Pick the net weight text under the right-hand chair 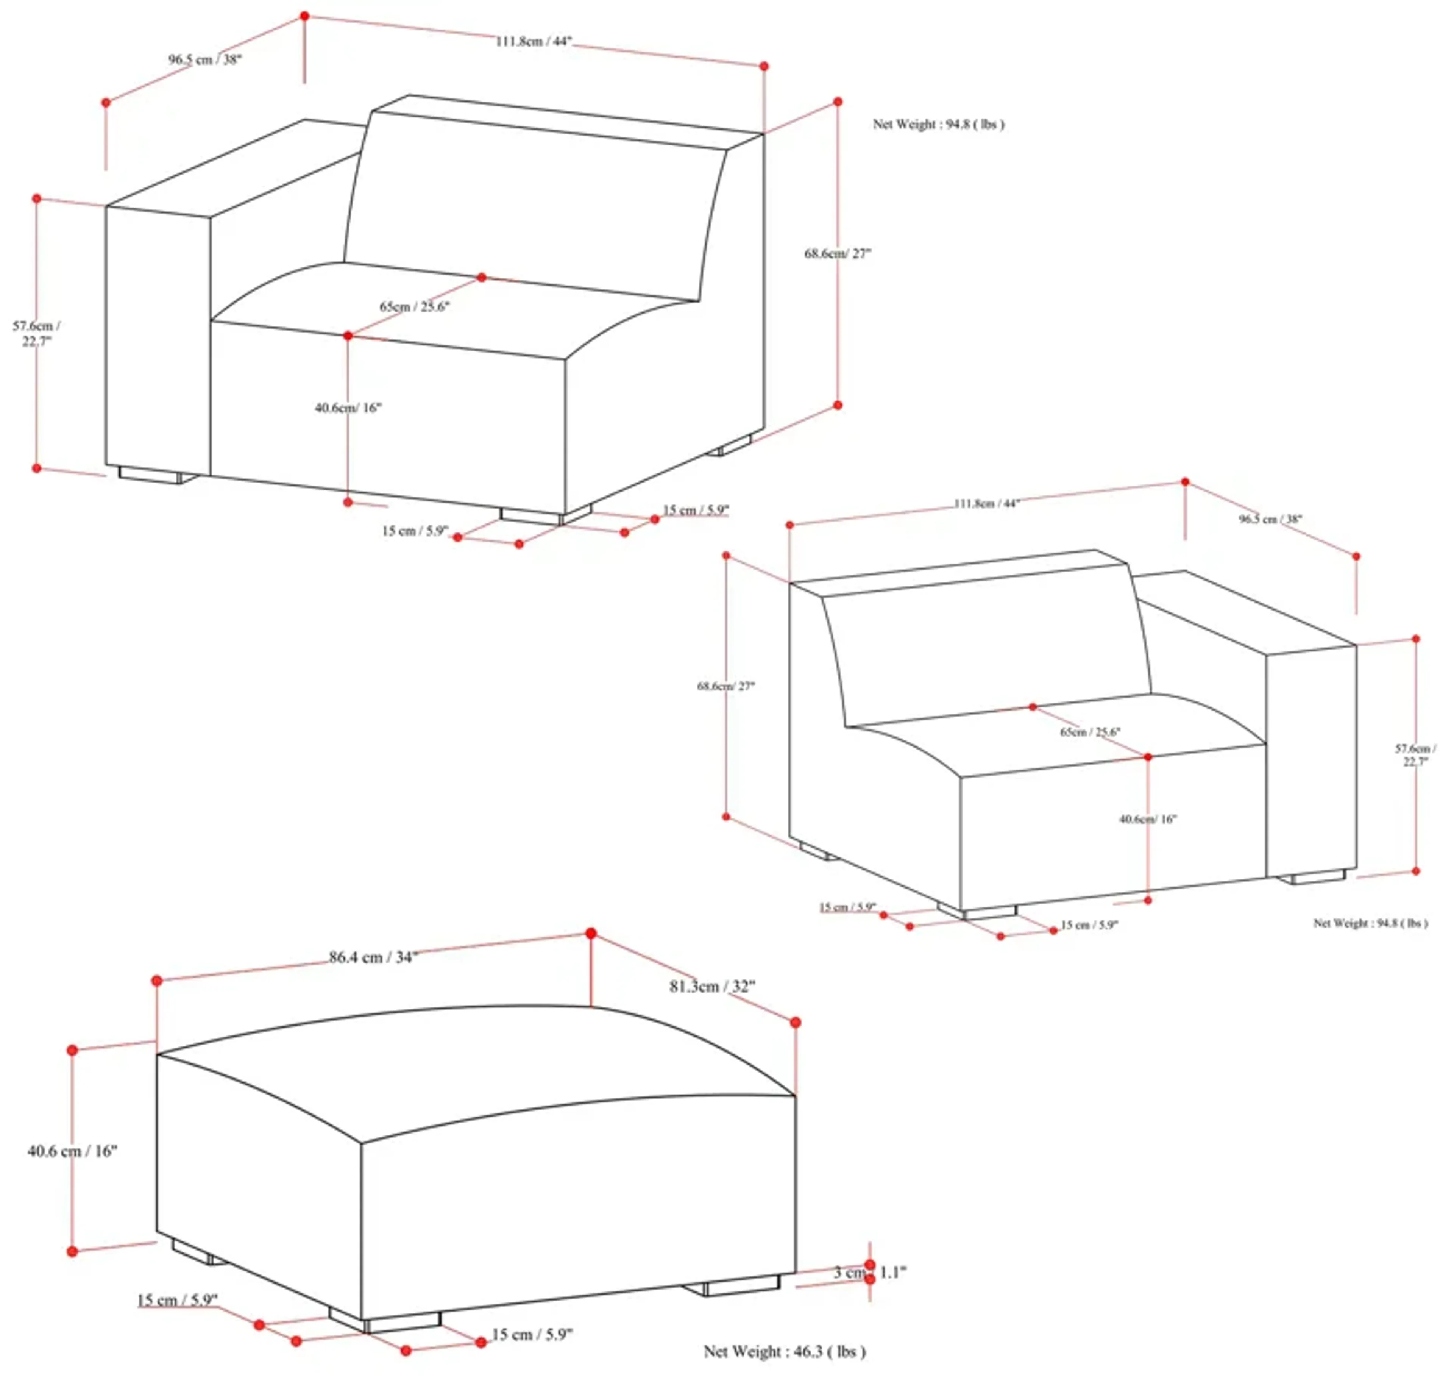point(1370,923)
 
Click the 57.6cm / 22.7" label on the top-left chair point(37,333)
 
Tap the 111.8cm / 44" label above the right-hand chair point(986,504)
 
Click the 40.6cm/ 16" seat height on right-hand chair point(1148,819)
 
